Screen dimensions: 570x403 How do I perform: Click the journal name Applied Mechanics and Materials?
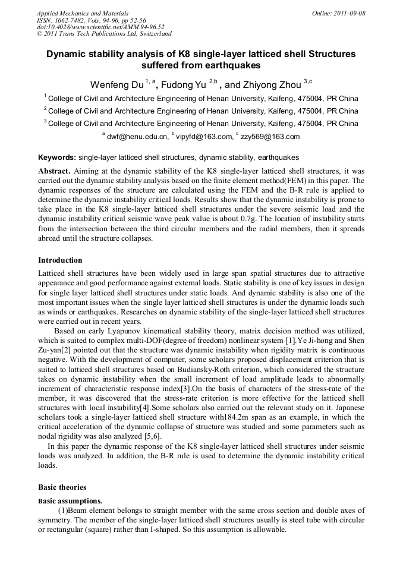coord(83,13)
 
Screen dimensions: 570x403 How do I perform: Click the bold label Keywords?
coord(57,158)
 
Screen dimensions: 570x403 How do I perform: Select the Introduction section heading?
coord(60,260)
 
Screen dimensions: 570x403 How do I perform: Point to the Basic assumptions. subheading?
coord(70,501)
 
